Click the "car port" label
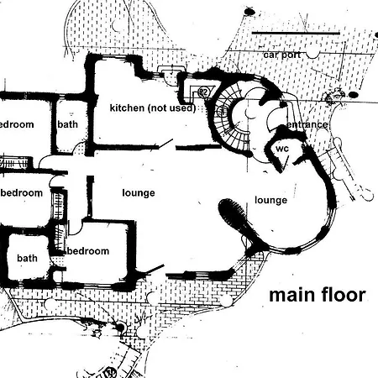(282, 55)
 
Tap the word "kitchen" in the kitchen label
(127, 108)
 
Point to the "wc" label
(282, 149)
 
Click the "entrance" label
(307, 124)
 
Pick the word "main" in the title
(292, 295)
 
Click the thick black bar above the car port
(296, 33)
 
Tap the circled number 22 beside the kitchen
(203, 92)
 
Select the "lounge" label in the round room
(270, 200)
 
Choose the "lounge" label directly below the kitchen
(139, 193)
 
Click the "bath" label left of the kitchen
(67, 124)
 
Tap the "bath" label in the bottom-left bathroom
(27, 258)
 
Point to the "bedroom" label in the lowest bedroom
(88, 251)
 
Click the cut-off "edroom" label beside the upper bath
(17, 124)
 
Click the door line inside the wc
(286, 163)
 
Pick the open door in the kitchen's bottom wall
(165, 143)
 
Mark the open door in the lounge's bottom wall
(155, 269)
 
